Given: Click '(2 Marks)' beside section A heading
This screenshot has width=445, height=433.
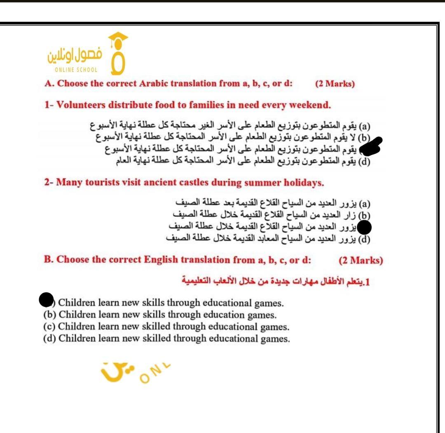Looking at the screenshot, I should pos(335,84).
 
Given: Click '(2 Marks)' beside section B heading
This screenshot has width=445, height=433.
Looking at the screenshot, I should pos(361,260).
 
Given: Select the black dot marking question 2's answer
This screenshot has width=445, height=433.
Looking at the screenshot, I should pos(364,227).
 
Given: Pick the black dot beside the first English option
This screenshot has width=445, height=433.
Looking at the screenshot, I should pos(47,300).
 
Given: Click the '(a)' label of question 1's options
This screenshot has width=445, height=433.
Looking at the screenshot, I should pos(365,125).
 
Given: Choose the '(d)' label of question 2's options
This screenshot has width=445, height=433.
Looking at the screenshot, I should pos(364,239).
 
